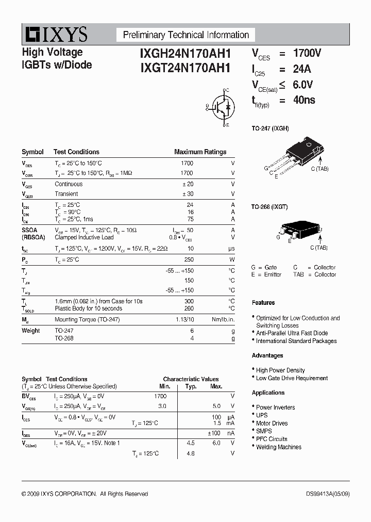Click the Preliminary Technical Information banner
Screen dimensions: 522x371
click(x=185, y=35)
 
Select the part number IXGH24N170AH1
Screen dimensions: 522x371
click(x=178, y=53)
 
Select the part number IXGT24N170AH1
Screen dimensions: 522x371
click(x=178, y=67)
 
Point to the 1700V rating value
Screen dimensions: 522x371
click(x=307, y=53)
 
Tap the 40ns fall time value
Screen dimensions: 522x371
click(x=304, y=100)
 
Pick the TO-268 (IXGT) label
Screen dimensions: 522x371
click(x=269, y=207)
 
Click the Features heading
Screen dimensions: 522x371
click(x=263, y=303)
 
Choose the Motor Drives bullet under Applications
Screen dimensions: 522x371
click(x=272, y=423)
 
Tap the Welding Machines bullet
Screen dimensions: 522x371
click(x=278, y=447)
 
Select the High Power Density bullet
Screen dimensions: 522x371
click(x=280, y=370)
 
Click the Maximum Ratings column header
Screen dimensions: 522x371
click(x=200, y=152)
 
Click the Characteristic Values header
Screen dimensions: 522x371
click(x=191, y=379)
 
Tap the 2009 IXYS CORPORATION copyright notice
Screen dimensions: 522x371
click(x=85, y=494)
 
